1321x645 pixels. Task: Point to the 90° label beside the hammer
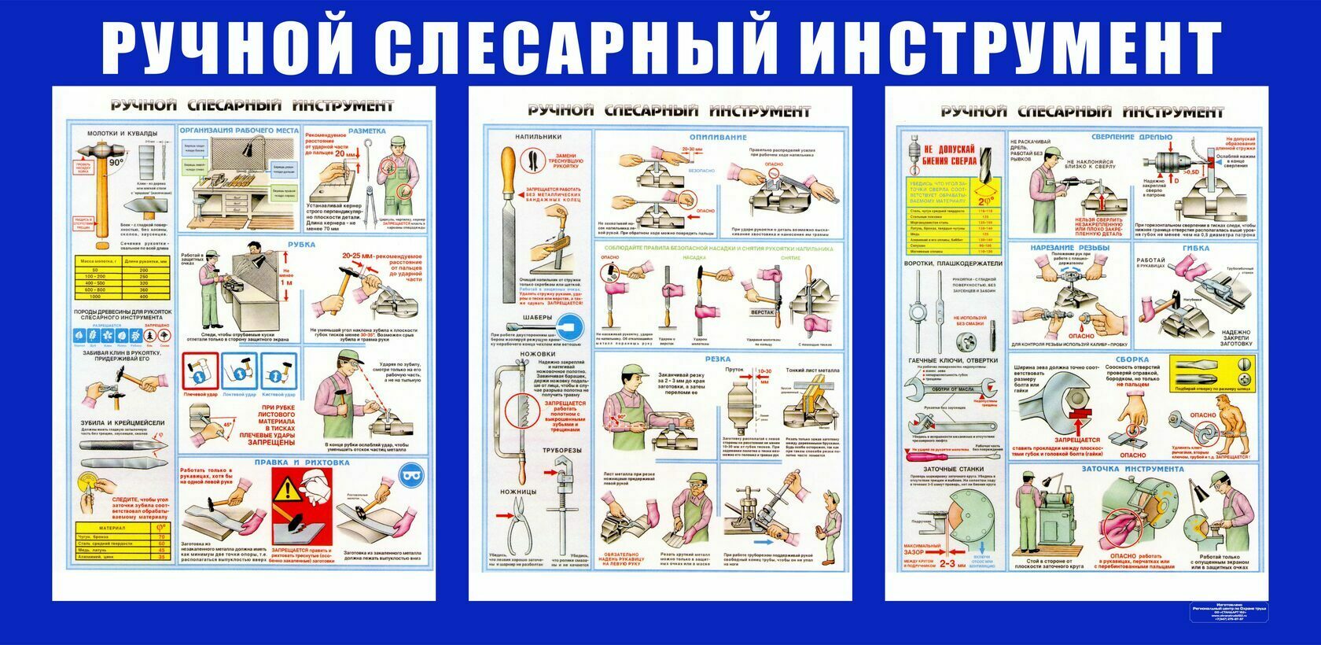pyautogui.click(x=116, y=164)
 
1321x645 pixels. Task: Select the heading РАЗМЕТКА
pyautogui.click(x=366, y=131)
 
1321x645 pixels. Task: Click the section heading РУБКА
pyautogui.click(x=301, y=245)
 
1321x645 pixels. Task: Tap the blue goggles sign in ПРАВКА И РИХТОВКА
pyautogui.click(x=409, y=474)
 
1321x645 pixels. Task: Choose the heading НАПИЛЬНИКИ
pyautogui.click(x=538, y=137)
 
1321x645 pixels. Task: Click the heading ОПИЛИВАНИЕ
pyautogui.click(x=717, y=137)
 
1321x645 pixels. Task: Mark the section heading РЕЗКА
pyautogui.click(x=717, y=359)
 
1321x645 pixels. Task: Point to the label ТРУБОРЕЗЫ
pyautogui.click(x=561, y=450)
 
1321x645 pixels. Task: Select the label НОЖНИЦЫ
pyautogui.click(x=517, y=492)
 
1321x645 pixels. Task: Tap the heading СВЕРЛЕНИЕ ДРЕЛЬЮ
pyautogui.click(x=1131, y=137)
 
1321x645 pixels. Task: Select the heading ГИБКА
pyautogui.click(x=1195, y=248)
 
